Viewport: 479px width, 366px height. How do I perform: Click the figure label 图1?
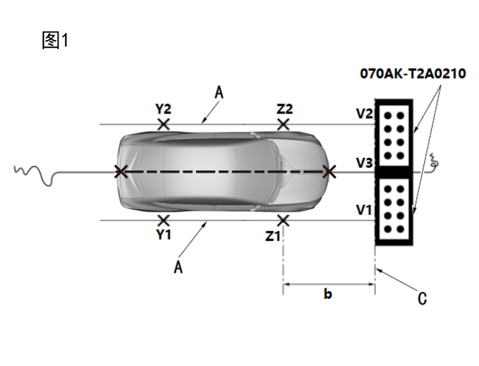(55, 41)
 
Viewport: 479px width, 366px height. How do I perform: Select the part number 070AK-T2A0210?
(413, 73)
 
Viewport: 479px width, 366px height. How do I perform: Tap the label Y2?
(163, 109)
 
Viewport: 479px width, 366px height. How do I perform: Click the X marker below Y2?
(163, 124)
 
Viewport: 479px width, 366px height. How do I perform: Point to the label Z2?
(284, 109)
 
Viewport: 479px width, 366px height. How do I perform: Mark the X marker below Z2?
(284, 124)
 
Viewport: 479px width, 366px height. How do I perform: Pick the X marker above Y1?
(163, 220)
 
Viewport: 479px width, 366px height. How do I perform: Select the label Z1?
(273, 235)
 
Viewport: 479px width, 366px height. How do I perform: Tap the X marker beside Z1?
(284, 220)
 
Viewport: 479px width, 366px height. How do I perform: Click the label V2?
(365, 113)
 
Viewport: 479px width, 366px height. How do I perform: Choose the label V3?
(365, 163)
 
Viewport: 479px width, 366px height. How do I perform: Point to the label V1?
(365, 210)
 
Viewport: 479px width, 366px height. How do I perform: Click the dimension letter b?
(328, 294)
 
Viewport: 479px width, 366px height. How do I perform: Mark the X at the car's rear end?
(121, 171)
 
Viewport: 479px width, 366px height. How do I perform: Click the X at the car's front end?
(329, 171)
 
